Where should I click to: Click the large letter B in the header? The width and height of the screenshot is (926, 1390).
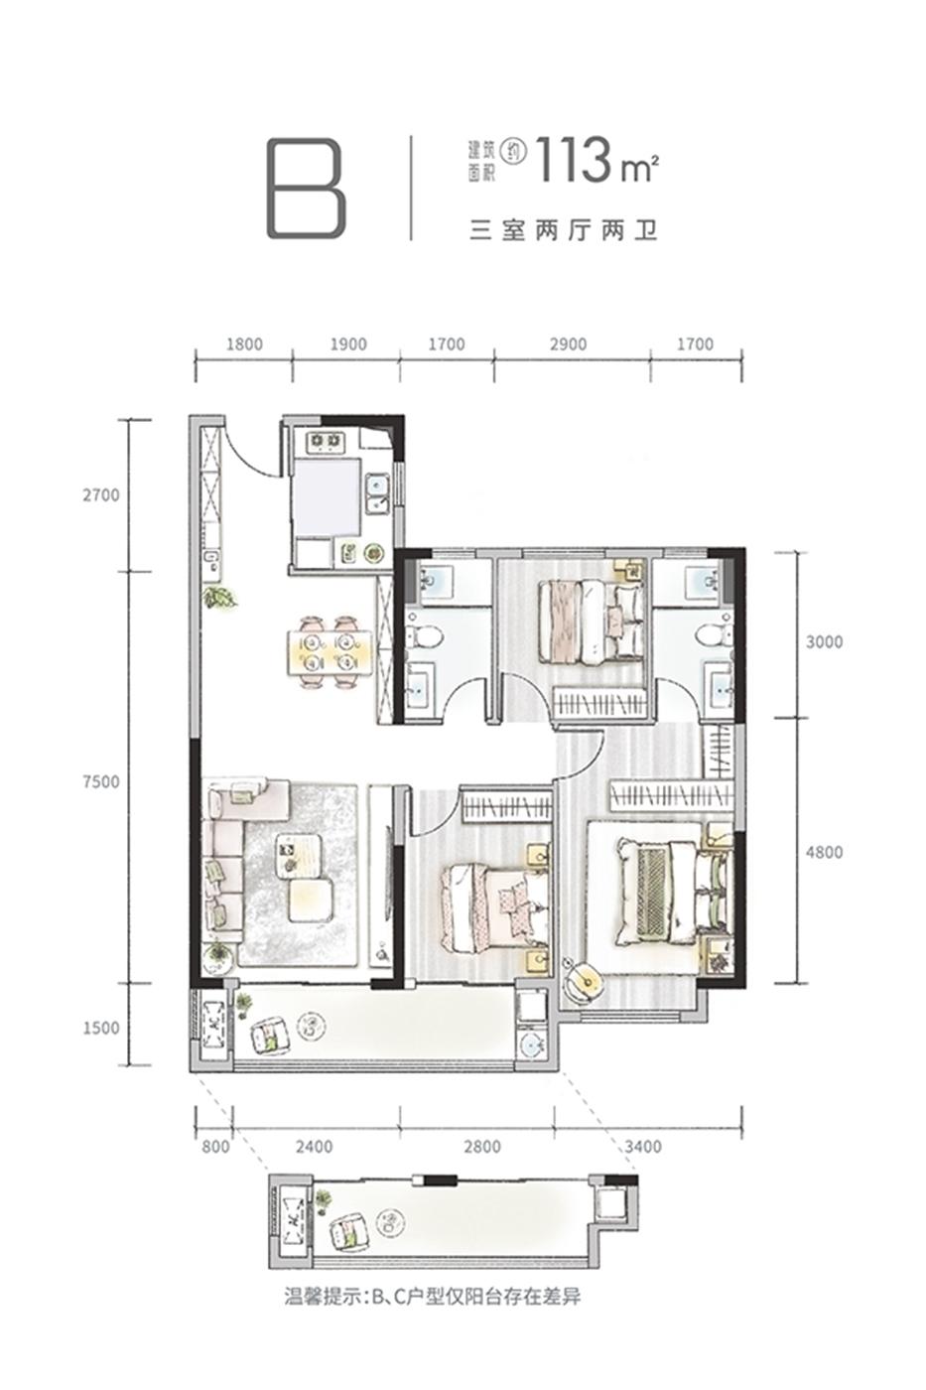point(306,189)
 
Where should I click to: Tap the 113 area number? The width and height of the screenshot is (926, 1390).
point(574,161)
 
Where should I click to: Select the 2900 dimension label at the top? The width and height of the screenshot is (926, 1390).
point(568,345)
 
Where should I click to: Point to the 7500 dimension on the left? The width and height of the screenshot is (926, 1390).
point(100,781)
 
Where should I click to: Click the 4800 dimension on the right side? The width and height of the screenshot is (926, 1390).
point(824,852)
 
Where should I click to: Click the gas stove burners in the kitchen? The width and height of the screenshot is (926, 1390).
point(326,441)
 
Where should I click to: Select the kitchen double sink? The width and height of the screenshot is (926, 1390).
point(376,493)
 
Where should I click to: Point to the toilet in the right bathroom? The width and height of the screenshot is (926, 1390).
point(712,635)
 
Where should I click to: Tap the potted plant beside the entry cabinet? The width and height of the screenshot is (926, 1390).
point(219,598)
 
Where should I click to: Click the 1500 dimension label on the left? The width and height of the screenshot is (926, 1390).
point(100,1028)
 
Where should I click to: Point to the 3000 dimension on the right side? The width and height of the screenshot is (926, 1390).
point(824,641)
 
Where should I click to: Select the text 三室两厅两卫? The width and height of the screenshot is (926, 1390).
point(563,231)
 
